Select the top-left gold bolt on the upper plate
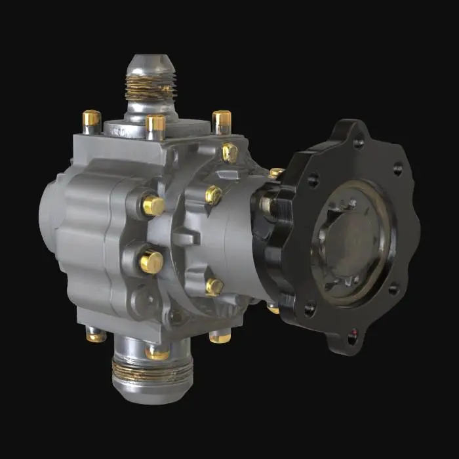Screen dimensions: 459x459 pyautogui.click(x=91, y=119)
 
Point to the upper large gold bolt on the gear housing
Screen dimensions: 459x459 pyautogui.click(x=153, y=205)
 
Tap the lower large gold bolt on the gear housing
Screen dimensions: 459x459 pyautogui.click(x=151, y=262)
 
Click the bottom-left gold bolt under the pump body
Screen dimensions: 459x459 pyautogui.click(x=96, y=336)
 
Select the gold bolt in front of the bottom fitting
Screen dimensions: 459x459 pyautogui.click(x=157, y=353)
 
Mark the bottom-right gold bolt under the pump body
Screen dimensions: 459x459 pyautogui.click(x=220, y=337)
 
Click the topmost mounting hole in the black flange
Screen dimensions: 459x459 pyautogui.click(x=358, y=142)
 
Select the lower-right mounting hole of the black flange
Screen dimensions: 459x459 pyautogui.click(x=393, y=289)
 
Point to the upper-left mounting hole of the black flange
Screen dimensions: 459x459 pyautogui.click(x=313, y=179)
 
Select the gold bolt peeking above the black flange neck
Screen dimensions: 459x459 pyautogui.click(x=276, y=173)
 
